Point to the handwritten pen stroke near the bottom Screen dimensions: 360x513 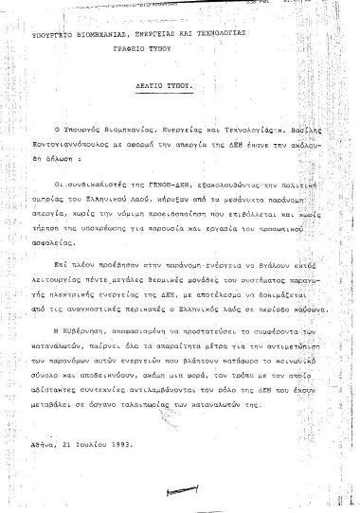click(178, 489)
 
